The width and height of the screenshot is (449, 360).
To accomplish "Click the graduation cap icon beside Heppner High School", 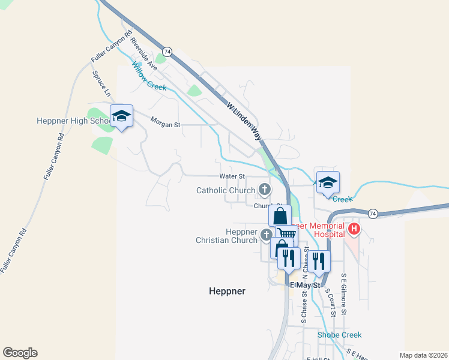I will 121,116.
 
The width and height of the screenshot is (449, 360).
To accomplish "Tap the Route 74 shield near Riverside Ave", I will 167,52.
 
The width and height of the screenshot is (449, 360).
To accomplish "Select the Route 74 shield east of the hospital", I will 373,214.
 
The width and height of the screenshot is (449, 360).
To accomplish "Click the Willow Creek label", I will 149,77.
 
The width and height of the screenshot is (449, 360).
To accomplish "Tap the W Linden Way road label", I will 244,121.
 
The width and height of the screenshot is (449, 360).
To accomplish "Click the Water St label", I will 232,176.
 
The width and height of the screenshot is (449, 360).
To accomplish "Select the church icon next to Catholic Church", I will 264,190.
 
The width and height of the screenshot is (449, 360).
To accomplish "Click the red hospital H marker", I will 354,229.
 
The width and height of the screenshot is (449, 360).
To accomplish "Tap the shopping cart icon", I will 287,235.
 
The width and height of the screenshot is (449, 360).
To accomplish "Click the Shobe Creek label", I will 340,335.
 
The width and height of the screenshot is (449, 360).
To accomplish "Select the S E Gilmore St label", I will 344,295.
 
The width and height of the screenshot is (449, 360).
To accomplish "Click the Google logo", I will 20,353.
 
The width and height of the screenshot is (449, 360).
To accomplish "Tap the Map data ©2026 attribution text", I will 423,355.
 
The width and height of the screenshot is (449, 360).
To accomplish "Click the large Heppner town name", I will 227,291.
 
